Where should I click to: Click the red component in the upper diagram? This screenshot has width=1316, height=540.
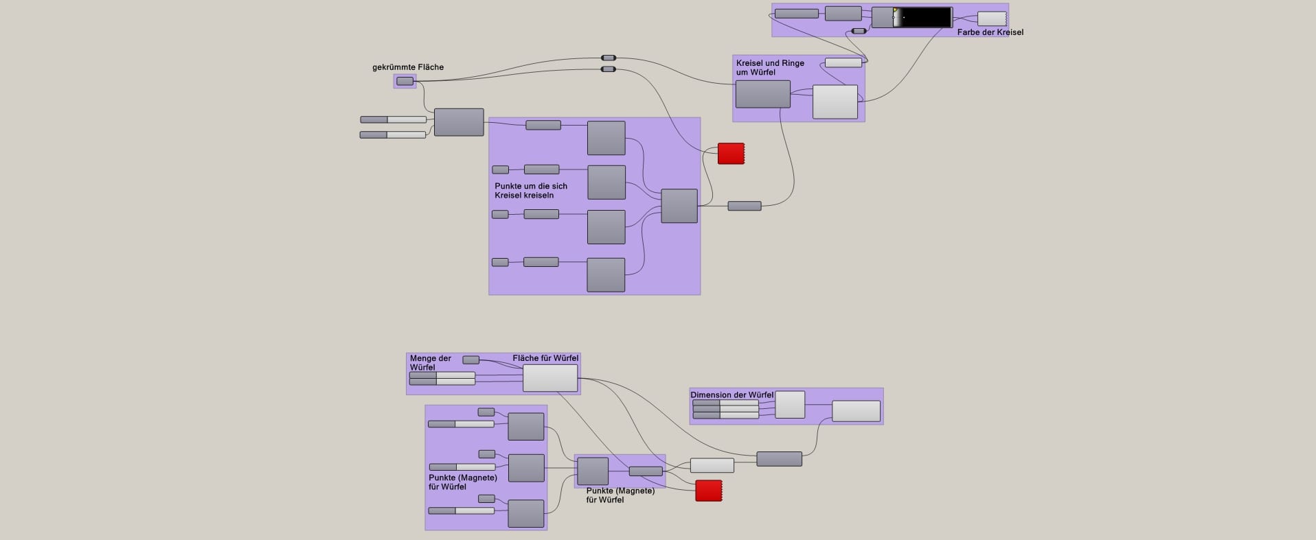tap(731, 154)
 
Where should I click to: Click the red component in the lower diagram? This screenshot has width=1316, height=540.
tap(708, 491)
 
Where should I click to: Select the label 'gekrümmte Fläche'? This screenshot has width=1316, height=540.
tap(408, 67)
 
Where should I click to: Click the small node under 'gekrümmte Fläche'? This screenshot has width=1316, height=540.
tap(405, 82)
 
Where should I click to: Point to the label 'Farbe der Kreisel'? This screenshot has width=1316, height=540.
tap(990, 32)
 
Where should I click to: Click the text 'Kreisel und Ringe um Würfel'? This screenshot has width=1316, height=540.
tap(769, 67)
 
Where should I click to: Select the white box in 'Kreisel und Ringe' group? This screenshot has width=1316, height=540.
tap(835, 102)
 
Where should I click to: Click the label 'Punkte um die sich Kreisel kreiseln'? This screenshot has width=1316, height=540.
tap(530, 191)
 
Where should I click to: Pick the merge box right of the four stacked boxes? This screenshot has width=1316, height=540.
tap(679, 206)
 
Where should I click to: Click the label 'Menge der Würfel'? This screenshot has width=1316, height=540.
tap(430, 362)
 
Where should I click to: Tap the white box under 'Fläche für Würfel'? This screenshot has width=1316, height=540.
tap(550, 378)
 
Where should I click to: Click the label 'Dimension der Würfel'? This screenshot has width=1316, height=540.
tap(731, 395)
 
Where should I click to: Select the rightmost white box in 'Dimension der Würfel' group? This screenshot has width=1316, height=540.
tap(856, 411)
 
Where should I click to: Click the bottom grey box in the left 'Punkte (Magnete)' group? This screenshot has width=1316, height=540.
tap(525, 513)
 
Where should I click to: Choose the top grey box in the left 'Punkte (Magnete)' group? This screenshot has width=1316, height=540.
tap(525, 426)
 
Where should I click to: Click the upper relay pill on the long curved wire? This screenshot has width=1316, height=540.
tap(609, 58)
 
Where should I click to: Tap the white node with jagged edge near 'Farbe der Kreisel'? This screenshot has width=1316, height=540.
tap(991, 19)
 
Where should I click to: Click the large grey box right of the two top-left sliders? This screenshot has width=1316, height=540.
tap(459, 122)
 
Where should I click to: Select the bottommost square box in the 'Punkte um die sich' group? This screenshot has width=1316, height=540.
tap(606, 275)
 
